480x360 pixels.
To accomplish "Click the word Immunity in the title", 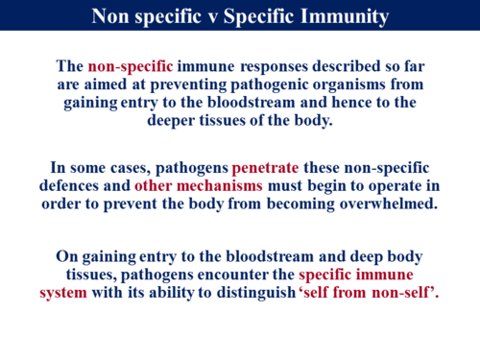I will tap(342, 16).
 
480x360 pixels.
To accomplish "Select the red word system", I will tap(63, 292).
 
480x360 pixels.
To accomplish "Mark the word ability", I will tap(162, 292).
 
